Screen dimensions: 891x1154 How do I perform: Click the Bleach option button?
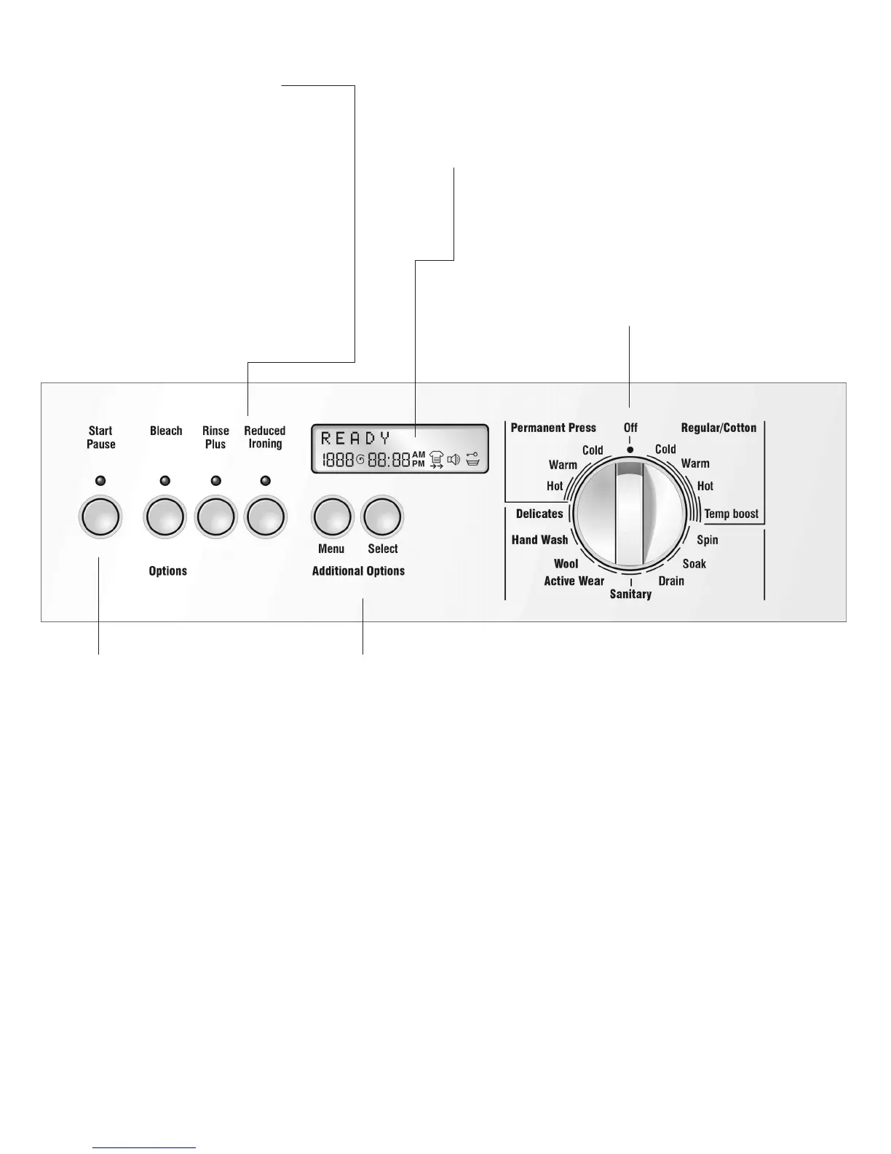(x=166, y=518)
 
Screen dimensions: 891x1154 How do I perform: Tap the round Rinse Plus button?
(x=215, y=518)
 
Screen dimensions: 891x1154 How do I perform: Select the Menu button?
(x=332, y=518)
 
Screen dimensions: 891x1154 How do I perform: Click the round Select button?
(x=382, y=518)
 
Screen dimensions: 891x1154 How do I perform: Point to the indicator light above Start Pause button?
(x=100, y=481)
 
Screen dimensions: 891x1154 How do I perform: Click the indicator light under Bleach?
(x=165, y=481)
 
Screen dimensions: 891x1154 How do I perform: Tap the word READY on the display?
(x=356, y=439)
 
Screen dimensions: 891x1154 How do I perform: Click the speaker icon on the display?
(x=454, y=459)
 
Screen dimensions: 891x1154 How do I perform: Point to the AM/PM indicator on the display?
(x=419, y=458)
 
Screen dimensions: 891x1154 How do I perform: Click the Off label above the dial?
(x=630, y=428)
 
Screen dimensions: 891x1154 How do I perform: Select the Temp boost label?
(x=731, y=514)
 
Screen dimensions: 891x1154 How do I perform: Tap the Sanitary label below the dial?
(x=630, y=594)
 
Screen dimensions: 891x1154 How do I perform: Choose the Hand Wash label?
(x=539, y=540)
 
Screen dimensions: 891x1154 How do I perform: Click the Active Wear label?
(x=574, y=581)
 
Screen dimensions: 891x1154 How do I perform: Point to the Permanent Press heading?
(x=553, y=428)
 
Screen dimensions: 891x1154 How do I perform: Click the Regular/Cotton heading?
(x=718, y=428)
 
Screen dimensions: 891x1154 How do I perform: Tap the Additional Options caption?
(x=358, y=571)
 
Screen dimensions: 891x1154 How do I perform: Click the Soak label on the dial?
(x=694, y=563)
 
